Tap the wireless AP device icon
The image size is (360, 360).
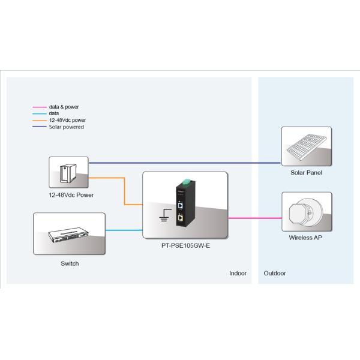click(306, 212)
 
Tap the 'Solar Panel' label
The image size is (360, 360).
click(306, 173)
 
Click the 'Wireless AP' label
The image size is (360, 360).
click(306, 237)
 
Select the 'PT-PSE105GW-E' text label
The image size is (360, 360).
click(185, 245)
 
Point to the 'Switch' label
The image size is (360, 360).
click(70, 263)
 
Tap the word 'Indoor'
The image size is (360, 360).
click(238, 274)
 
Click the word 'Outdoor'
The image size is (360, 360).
click(275, 274)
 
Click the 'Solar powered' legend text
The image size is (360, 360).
click(66, 127)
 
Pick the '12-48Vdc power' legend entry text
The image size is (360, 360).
click(68, 120)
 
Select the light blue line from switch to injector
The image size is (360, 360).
click(124, 230)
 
